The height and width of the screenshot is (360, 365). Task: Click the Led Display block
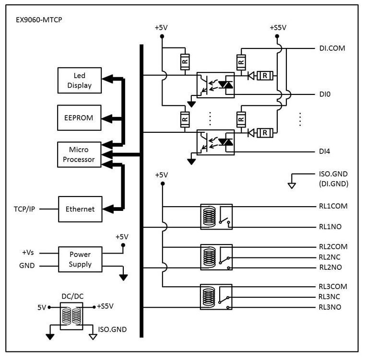pyautogui.click(x=79, y=80)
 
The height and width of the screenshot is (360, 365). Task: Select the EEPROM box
pyautogui.click(x=79, y=118)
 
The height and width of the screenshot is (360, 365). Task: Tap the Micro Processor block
pyautogui.click(x=79, y=154)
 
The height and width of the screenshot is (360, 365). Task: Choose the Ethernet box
pyautogui.click(x=80, y=209)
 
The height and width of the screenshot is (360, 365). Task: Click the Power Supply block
pyautogui.click(x=80, y=259)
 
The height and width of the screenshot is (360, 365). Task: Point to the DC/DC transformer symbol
pyautogui.click(x=71, y=316)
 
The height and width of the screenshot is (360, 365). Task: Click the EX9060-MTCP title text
pyautogui.click(x=39, y=20)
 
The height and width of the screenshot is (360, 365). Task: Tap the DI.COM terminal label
pyautogui.click(x=332, y=48)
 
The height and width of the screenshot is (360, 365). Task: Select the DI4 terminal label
pyautogui.click(x=325, y=151)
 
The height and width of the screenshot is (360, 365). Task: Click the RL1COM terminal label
pyautogui.click(x=333, y=206)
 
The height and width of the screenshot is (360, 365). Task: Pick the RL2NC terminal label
pyautogui.click(x=330, y=257)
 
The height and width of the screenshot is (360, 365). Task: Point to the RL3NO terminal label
pyautogui.click(x=330, y=307)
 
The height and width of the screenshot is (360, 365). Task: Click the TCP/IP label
pyautogui.click(x=24, y=209)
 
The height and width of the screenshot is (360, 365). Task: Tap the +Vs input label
pyautogui.click(x=28, y=253)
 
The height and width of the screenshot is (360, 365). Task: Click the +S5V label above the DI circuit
pyautogui.click(x=278, y=27)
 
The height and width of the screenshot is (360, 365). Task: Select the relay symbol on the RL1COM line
pyautogui.click(x=216, y=217)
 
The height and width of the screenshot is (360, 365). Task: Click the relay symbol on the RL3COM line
pyautogui.click(x=216, y=297)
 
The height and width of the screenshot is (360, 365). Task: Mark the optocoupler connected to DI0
pyautogui.click(x=215, y=85)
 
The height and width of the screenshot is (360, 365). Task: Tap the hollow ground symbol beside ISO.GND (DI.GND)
pyautogui.click(x=292, y=186)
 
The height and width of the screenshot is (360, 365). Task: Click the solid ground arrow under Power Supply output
pyautogui.click(x=123, y=278)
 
